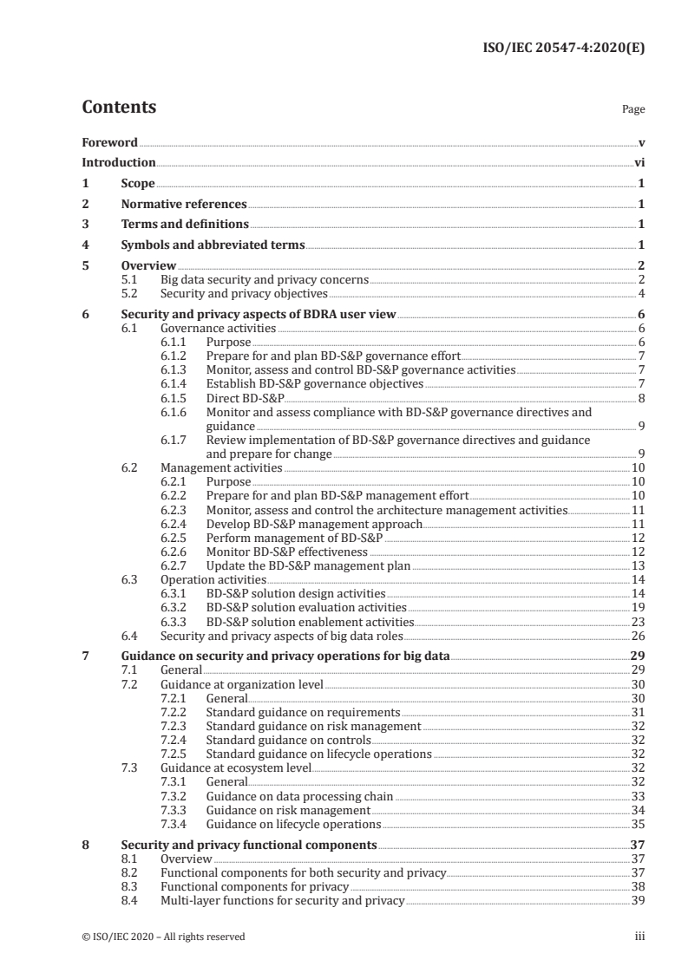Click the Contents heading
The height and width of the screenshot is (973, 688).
tap(119, 108)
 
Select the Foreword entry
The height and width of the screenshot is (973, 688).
tap(109, 142)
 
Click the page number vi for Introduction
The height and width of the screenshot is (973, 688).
tap(639, 162)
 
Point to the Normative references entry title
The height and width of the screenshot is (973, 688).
tap(184, 205)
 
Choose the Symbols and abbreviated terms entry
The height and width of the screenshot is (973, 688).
tap(213, 245)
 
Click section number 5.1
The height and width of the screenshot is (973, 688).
tap(131, 279)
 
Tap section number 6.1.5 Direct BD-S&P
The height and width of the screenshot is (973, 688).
tap(176, 398)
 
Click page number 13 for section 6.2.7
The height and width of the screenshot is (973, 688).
tap(637, 565)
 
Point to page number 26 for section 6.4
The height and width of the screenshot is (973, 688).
tap(637, 634)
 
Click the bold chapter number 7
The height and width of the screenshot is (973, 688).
tap(85, 656)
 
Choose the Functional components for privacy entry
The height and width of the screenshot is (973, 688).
tap(254, 879)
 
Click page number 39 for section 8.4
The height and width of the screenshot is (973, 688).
tap(637, 893)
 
